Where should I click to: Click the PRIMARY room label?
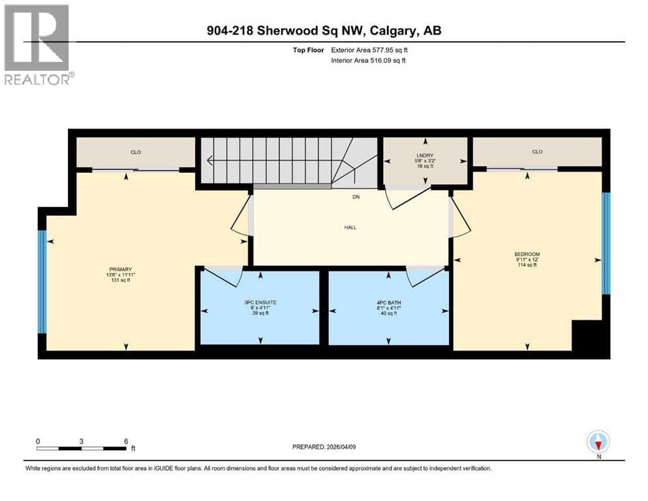[120, 269]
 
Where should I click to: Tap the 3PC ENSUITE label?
[260, 302]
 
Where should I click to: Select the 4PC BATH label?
[388, 302]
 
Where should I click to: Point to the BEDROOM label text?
[527, 254]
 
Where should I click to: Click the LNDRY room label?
[425, 155]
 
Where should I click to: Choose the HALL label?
[350, 227]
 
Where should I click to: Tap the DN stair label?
[356, 197]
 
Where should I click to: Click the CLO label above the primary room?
[136, 152]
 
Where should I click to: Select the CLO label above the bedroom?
[537, 151]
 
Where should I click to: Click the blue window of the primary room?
[42, 282]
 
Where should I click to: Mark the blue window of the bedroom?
[606, 243]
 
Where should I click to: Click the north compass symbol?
[598, 442]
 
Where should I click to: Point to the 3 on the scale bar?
[82, 441]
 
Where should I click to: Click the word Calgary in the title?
[393, 31]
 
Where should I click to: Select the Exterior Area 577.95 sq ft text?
[369, 50]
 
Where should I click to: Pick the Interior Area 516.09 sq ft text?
[368, 60]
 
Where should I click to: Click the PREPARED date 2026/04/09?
[341, 447]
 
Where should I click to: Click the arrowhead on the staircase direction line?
[210, 160]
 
